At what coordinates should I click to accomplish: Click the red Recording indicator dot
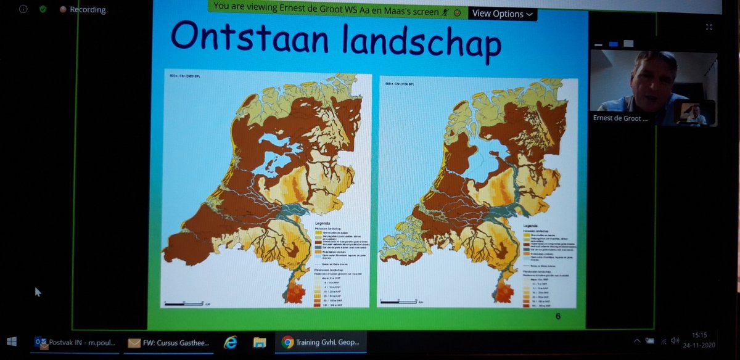click(x=63, y=10)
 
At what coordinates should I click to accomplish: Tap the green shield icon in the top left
click(x=43, y=10)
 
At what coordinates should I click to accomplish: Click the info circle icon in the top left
click(x=23, y=10)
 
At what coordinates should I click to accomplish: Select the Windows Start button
click(x=12, y=341)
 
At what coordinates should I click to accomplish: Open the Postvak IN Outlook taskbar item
click(x=75, y=342)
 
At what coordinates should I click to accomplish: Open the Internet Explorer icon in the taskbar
click(x=230, y=342)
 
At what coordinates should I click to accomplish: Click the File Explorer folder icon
click(x=260, y=342)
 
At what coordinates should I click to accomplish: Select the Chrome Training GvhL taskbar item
click(x=324, y=342)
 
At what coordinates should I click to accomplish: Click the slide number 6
click(x=557, y=316)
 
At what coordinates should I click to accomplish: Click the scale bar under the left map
click(x=185, y=303)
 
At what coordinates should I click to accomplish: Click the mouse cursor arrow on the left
click(x=38, y=292)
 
